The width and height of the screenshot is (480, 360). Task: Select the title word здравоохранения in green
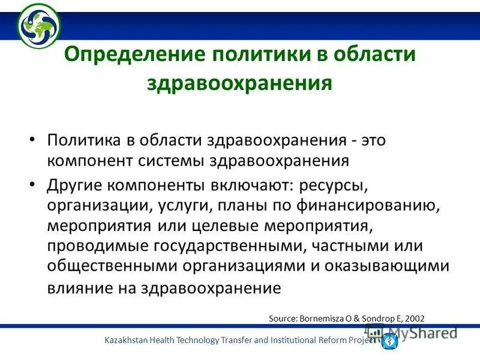pos(239,82)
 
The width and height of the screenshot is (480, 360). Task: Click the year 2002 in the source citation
pos(414,317)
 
